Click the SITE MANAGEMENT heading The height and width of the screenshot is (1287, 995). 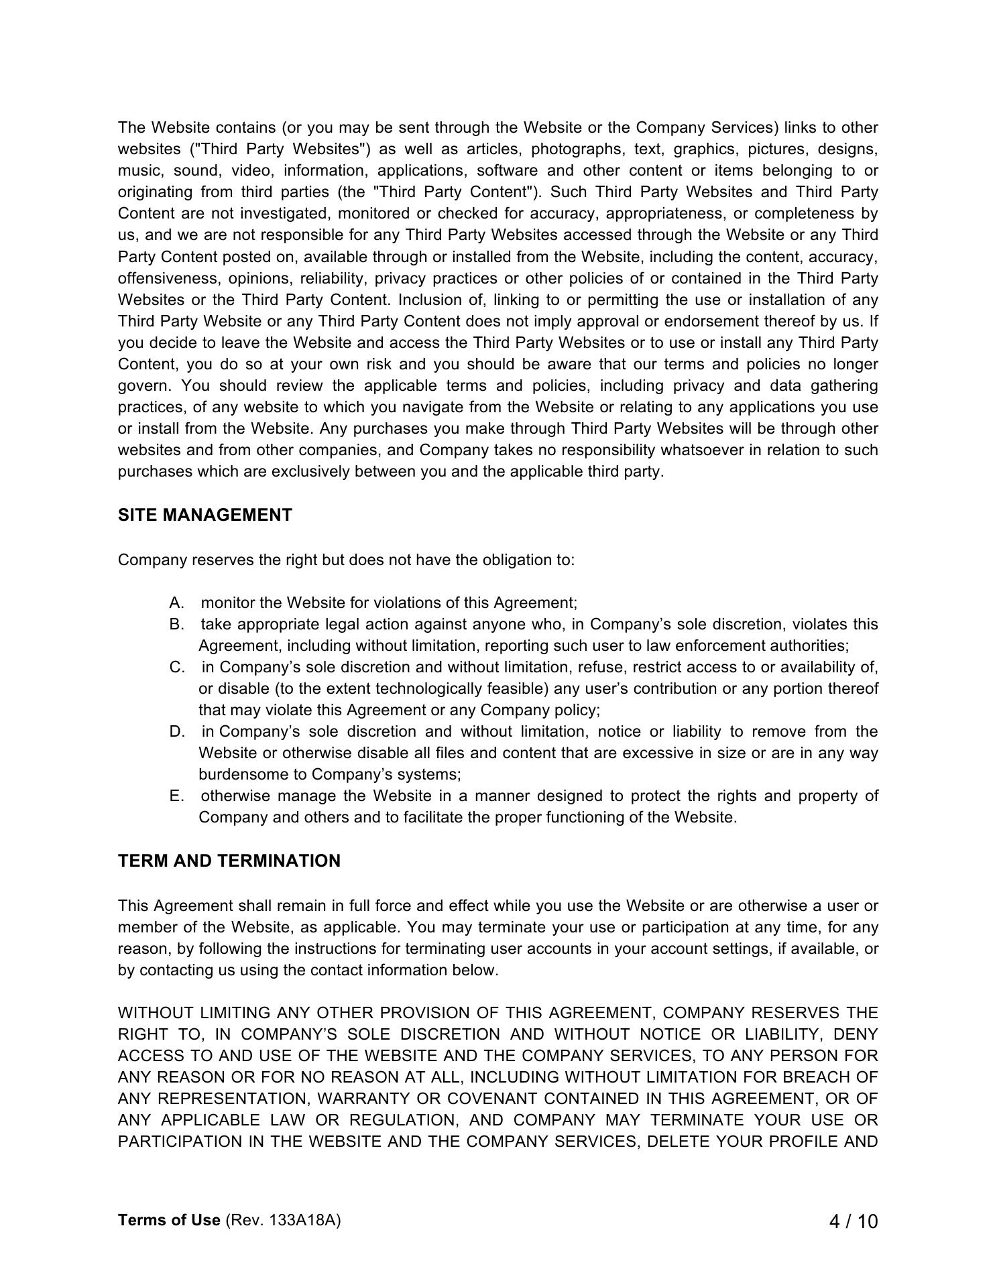click(205, 515)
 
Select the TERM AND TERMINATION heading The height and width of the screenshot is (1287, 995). click(229, 861)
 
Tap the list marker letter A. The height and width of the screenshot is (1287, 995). click(176, 603)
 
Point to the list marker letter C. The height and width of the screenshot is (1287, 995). click(176, 667)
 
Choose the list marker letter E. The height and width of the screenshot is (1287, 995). click(176, 796)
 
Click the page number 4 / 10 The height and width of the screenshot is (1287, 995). click(853, 1221)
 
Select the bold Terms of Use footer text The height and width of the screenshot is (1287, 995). click(169, 1220)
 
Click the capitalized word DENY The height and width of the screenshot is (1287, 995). click(856, 1034)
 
